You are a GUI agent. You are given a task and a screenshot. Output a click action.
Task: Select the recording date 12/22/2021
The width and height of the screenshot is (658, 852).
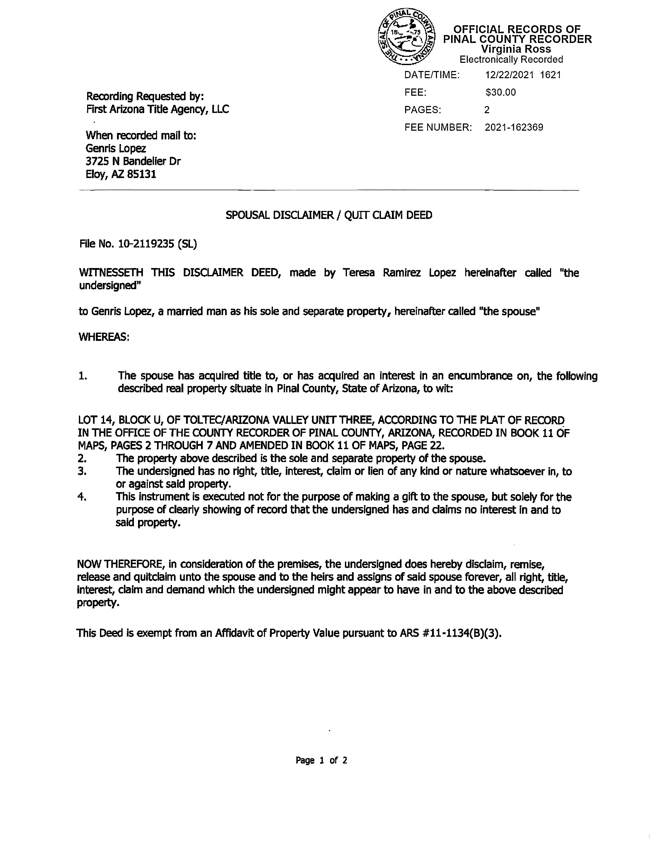(x=509, y=75)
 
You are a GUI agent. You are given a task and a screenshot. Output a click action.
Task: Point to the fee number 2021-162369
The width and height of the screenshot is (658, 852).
(x=514, y=128)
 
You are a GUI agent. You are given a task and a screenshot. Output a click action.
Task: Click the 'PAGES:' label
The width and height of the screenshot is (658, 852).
(x=423, y=110)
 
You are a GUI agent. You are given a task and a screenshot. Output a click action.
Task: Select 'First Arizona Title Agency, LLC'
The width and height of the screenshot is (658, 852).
(x=158, y=109)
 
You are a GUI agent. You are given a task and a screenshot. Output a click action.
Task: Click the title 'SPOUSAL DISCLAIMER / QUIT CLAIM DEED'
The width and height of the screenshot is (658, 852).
(x=328, y=215)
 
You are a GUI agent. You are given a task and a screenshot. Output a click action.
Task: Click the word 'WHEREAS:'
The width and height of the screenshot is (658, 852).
(x=104, y=337)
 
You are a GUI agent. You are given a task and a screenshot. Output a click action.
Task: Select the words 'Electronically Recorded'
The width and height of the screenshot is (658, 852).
(x=511, y=59)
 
